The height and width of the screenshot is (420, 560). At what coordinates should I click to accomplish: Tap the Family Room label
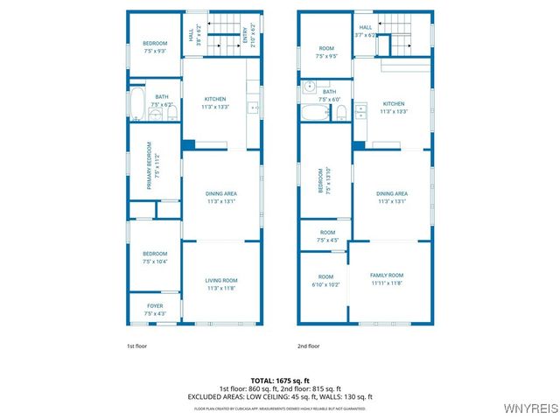pos(386,279)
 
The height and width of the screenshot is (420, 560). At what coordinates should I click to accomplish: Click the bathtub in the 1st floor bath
pos(138,102)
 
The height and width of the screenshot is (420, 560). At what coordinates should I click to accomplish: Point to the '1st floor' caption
pos(136,346)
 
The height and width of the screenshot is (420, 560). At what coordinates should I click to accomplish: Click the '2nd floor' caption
pos(309,346)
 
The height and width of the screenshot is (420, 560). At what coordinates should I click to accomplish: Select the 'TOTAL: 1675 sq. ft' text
pos(280,381)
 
